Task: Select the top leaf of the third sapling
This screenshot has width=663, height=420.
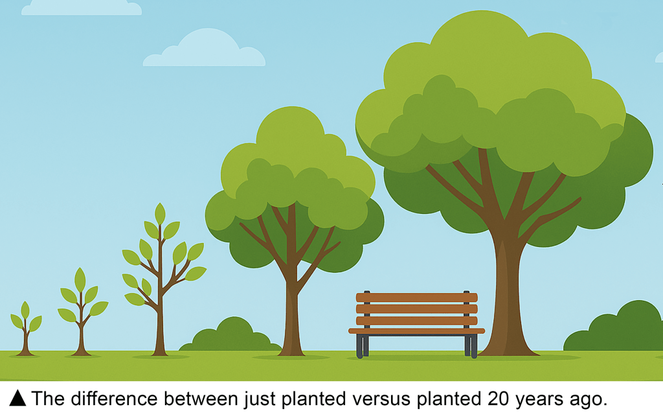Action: (x=160, y=214)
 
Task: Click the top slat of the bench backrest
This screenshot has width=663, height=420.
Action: (x=416, y=297)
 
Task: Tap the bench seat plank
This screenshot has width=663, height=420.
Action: (x=416, y=331)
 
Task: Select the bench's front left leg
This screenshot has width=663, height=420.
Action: (x=359, y=346)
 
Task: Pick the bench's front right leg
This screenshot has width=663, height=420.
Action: (x=474, y=346)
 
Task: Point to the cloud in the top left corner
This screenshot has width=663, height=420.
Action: (x=82, y=8)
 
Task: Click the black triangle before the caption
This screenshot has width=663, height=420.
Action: (x=17, y=399)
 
